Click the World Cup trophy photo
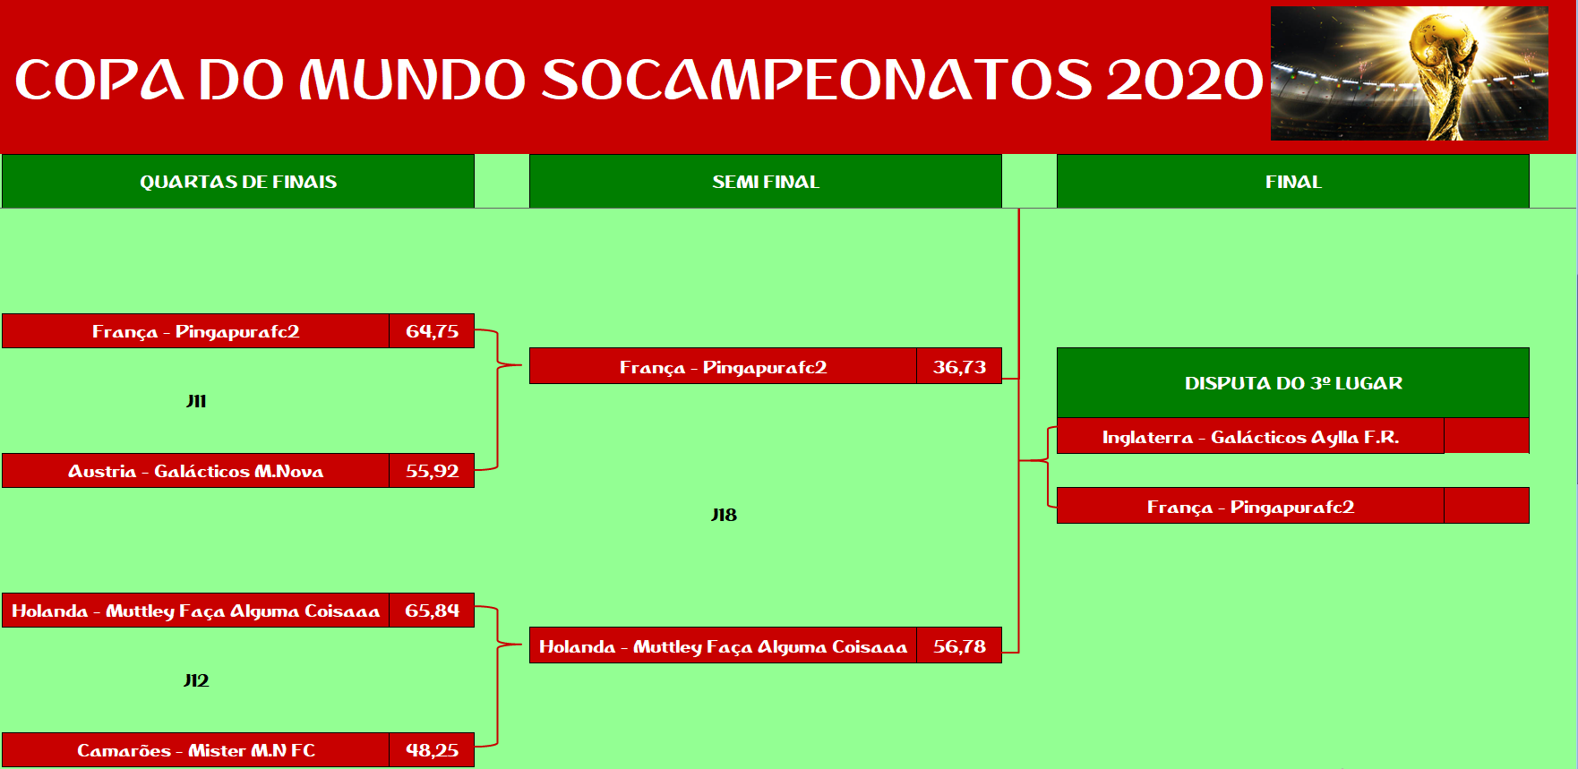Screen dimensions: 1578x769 tap(1410, 73)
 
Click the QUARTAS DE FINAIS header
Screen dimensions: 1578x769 tap(238, 181)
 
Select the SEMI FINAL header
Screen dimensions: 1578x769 tap(766, 181)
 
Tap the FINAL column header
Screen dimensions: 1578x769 tap(1293, 181)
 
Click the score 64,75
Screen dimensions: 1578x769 tap(432, 331)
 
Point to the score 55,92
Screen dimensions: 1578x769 tap(432, 471)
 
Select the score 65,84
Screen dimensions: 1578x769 tap(432, 611)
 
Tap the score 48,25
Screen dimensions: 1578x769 tap(432, 750)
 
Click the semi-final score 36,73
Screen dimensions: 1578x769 tap(959, 366)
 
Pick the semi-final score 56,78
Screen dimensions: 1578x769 tap(959, 645)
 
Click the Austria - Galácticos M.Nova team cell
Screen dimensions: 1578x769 tap(195, 471)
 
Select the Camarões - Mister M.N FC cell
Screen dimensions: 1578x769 tap(195, 750)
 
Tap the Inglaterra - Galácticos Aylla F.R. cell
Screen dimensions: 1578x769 tap(1250, 436)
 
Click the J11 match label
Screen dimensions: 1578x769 tap(196, 401)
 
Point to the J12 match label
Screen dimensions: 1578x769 tap(196, 680)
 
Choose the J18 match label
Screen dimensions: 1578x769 tap(724, 515)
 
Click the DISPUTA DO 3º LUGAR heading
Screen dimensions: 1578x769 tap(1293, 383)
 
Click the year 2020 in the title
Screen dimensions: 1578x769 tap(1184, 80)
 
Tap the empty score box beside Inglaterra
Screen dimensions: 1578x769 tap(1487, 436)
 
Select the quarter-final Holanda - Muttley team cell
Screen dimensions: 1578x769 tap(195, 611)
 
